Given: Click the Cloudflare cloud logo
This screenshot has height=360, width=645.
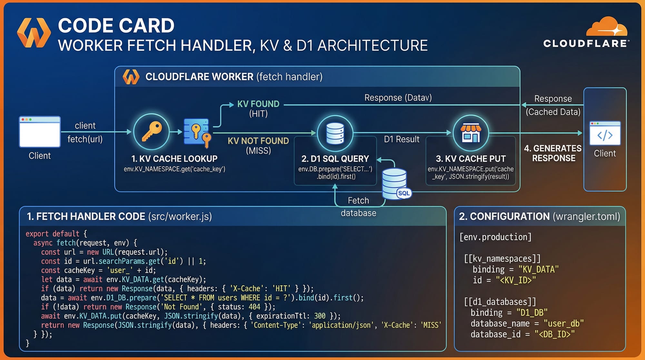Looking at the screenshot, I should click(x=606, y=27).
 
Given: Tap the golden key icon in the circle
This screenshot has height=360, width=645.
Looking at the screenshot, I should click(x=151, y=131).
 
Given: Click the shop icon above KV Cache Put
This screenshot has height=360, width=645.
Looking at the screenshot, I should click(x=471, y=133).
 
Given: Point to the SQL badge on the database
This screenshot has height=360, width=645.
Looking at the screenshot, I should click(x=404, y=193).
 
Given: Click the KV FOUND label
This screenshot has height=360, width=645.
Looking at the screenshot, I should click(x=258, y=104).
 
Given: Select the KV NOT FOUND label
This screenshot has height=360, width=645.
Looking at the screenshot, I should click(x=258, y=141).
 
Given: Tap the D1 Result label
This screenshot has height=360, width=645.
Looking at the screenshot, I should click(x=402, y=139).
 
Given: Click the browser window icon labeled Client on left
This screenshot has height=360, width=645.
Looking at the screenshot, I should click(x=40, y=132).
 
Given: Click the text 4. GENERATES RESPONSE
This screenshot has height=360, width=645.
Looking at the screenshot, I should click(x=553, y=153).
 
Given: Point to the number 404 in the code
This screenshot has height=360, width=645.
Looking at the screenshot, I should click(x=254, y=307).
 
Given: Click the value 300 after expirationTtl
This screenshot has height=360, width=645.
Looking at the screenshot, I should click(x=320, y=316).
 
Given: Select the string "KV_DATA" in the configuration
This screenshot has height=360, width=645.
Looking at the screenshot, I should click(x=538, y=269).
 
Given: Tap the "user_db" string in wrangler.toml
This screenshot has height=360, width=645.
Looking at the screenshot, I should click(x=563, y=324).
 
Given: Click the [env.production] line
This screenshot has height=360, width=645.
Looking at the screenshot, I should click(x=495, y=237).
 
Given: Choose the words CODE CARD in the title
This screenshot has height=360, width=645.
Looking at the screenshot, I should click(x=116, y=26).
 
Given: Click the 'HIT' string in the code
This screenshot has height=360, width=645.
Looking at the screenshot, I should click(x=281, y=289).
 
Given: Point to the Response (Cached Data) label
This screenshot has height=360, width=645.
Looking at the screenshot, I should click(x=553, y=105).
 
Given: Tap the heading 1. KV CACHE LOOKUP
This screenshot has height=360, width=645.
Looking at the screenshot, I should click(x=174, y=159).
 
